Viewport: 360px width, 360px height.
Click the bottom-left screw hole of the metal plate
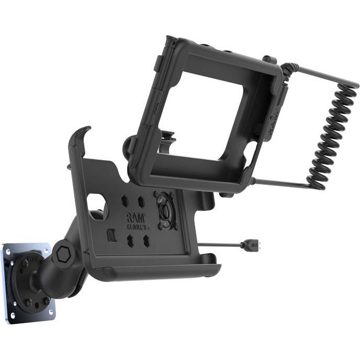coord(15,314)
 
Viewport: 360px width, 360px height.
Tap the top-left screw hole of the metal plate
coord(9,250)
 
